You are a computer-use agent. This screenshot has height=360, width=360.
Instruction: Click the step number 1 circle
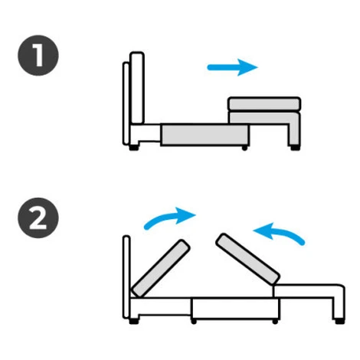coord(38,55)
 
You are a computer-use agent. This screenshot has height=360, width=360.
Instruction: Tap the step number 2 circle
coord(38,218)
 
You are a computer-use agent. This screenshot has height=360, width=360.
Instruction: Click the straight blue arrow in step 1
coord(232,67)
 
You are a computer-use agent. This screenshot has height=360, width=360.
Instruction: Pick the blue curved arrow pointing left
coord(280,233)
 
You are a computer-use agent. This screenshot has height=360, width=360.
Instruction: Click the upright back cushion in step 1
coord(137,88)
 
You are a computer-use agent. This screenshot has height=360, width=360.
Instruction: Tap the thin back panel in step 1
coord(126,103)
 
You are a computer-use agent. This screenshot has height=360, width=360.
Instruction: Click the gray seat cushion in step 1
coord(264,104)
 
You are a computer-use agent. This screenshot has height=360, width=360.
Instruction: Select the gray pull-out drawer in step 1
coord(205,135)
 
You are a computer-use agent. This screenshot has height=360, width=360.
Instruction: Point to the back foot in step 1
coord(134,148)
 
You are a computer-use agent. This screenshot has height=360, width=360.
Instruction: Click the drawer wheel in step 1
coord(244,148)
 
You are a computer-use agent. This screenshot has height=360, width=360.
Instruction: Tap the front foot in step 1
coord(295,148)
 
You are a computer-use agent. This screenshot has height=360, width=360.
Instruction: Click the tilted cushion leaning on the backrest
coord(161,269)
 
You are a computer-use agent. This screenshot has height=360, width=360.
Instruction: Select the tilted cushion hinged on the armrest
coord(247,259)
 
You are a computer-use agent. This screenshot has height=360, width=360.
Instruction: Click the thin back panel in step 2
coord(126,277)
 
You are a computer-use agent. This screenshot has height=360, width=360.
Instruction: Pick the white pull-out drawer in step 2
coord(235,309)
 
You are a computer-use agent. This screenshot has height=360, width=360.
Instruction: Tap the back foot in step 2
coord(134,321)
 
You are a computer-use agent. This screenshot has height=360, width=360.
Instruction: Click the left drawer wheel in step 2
coord(194,322)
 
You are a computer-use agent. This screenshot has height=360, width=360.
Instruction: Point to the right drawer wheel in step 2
coord(275,322)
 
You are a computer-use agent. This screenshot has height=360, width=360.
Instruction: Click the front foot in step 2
coord(339,321)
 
